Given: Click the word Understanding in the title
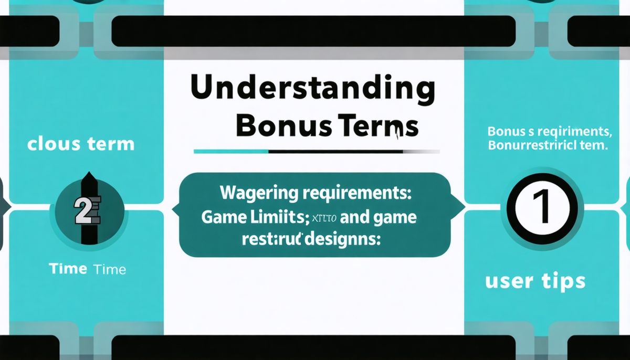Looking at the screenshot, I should point(313,90).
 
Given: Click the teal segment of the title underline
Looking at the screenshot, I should point(231,152).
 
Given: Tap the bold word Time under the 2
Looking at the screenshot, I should point(68,269).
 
